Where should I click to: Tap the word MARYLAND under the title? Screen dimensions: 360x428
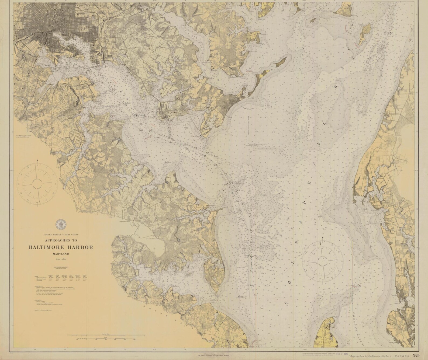(x=61, y=254)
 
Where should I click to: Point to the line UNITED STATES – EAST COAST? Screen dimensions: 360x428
(x=61, y=235)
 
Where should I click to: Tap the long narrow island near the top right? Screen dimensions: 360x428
(x=364, y=34)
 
